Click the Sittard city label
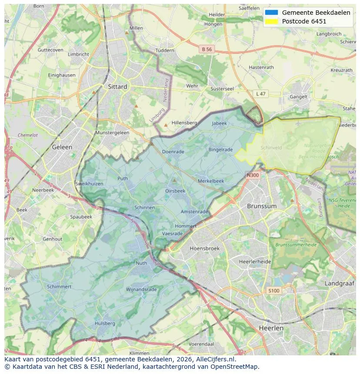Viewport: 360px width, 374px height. [117, 87]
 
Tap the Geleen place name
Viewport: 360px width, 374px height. [62, 147]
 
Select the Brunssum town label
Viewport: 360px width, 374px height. [262, 206]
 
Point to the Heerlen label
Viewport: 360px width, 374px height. [271, 328]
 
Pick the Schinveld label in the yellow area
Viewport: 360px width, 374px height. [271, 148]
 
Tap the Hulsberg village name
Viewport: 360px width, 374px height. [105, 323]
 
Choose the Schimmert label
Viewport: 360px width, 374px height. [59, 287]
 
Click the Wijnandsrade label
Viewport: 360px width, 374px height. [141, 289]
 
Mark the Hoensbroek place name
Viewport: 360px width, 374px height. [205, 248]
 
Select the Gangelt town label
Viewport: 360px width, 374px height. [299, 97]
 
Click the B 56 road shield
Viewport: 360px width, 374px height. [207, 50]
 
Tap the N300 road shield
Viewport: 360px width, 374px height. [253, 175]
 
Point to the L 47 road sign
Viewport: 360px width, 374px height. [260, 94]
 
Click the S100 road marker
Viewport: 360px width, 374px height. [274, 291]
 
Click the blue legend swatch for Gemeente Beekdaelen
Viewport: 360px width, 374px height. [271, 13]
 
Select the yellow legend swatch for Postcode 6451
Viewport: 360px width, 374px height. [271, 21]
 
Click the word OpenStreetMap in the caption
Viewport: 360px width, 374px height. [237, 366]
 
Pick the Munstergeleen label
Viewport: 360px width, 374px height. [112, 133]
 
